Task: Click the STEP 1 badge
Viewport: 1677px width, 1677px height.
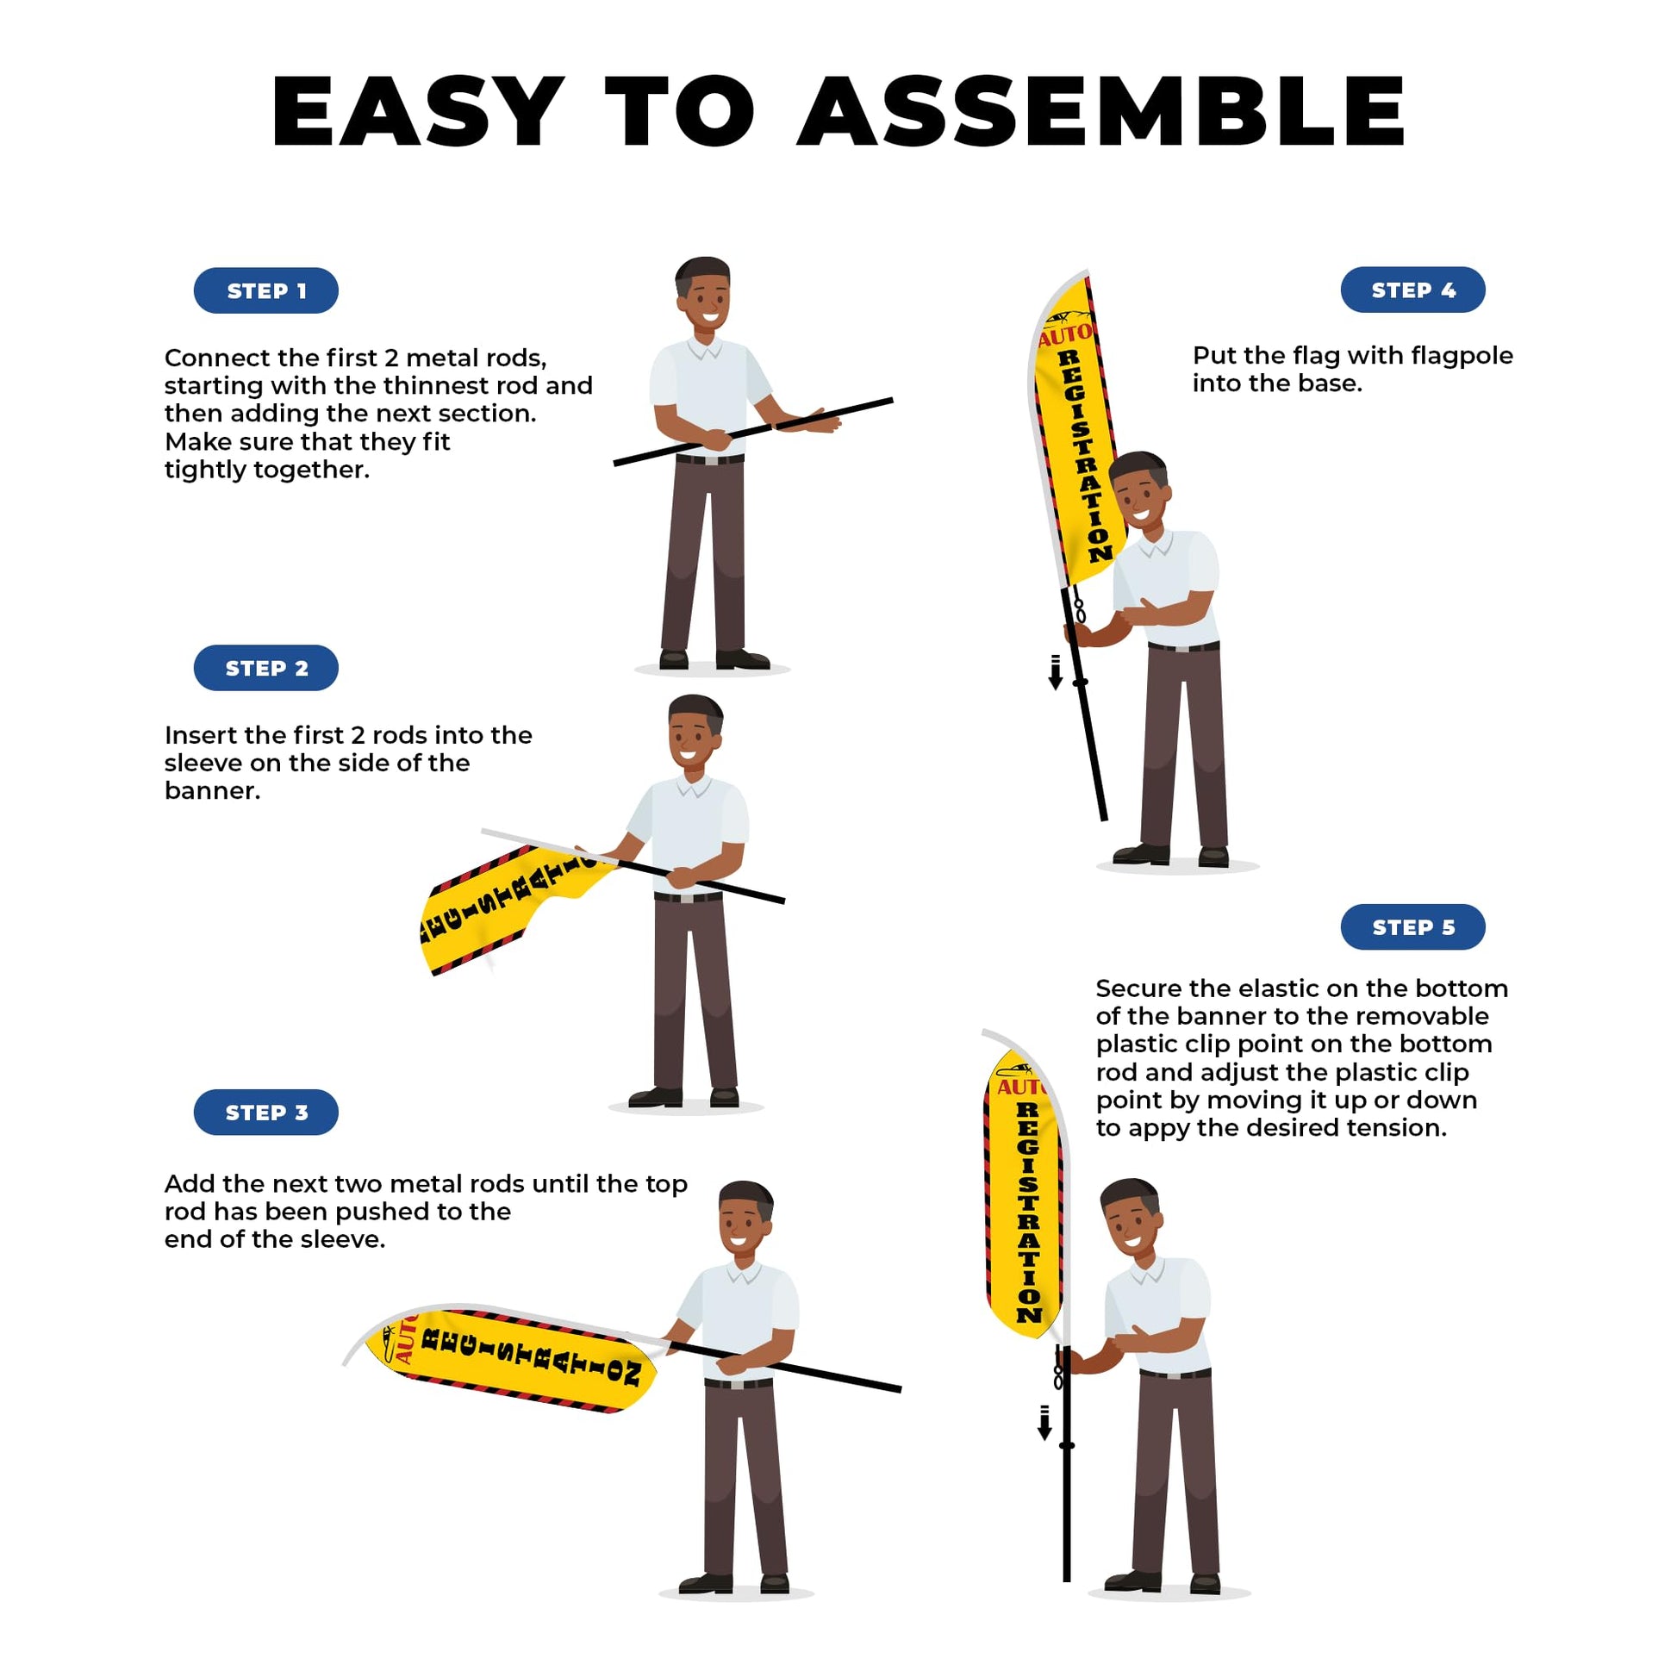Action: [x=265, y=290]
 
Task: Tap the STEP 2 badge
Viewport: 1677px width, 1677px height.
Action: [x=265, y=668]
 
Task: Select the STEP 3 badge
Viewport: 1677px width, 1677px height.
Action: [x=265, y=1112]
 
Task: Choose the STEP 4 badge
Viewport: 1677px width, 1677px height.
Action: [x=1413, y=290]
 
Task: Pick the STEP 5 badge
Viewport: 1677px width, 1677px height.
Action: [x=1413, y=927]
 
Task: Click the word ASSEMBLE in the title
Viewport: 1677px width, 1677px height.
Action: [x=1101, y=111]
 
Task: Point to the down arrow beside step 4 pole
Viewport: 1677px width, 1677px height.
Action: [x=1056, y=673]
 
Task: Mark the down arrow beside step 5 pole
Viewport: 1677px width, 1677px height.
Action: [x=1045, y=1423]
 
